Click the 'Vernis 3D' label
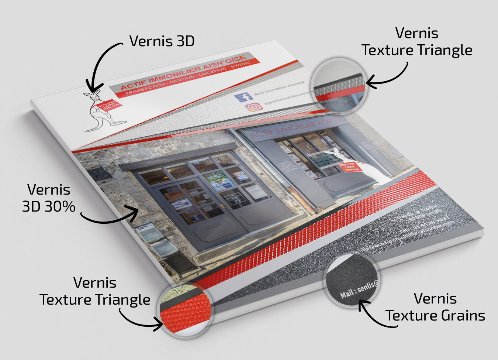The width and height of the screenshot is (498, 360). click(x=162, y=41)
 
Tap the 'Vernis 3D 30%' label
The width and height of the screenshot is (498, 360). click(x=49, y=198)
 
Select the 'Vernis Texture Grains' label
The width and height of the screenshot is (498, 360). click(x=435, y=307)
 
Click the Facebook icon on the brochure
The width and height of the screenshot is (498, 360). click(x=243, y=97)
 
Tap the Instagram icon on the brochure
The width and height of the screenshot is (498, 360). click(x=254, y=107)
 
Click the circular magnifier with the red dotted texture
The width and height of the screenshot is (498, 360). click(x=186, y=309)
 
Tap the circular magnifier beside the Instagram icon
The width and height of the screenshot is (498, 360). click(x=338, y=85)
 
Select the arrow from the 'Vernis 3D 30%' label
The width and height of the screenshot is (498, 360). click(x=111, y=218)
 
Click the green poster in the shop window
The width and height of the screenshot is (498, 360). click(x=218, y=181)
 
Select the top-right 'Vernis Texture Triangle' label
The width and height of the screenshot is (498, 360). click(x=417, y=41)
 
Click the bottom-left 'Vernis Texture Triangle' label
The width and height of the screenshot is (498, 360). click(x=95, y=291)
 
